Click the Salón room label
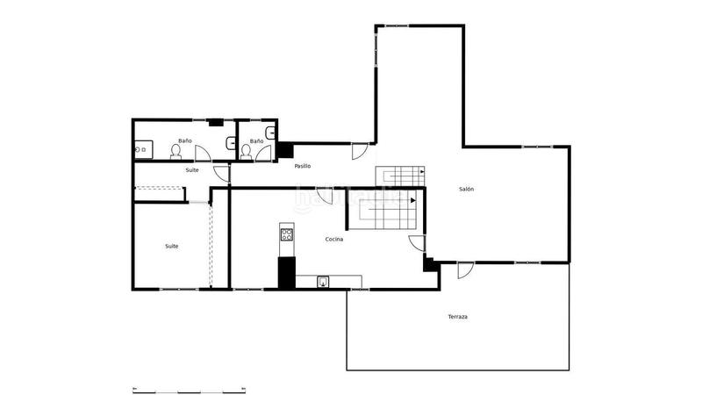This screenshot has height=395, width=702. point(466,189)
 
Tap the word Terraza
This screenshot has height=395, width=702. point(457,316)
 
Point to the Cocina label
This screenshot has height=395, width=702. point(333,239)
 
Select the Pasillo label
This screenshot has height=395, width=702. point(303,166)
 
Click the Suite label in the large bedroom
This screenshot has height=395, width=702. point(172,246)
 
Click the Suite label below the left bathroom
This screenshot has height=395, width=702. point(192,169)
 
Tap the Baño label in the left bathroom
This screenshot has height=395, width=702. point(184,140)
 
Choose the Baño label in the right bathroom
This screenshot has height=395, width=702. point(256,140)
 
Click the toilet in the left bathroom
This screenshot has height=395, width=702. point(176,152)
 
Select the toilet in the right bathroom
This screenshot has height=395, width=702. point(247,152)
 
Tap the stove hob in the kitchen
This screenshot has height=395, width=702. point(286,233)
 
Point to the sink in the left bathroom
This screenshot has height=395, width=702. point(138,151)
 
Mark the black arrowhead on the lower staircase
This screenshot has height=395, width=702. point(412,200)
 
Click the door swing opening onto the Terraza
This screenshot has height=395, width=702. point(465,270)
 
